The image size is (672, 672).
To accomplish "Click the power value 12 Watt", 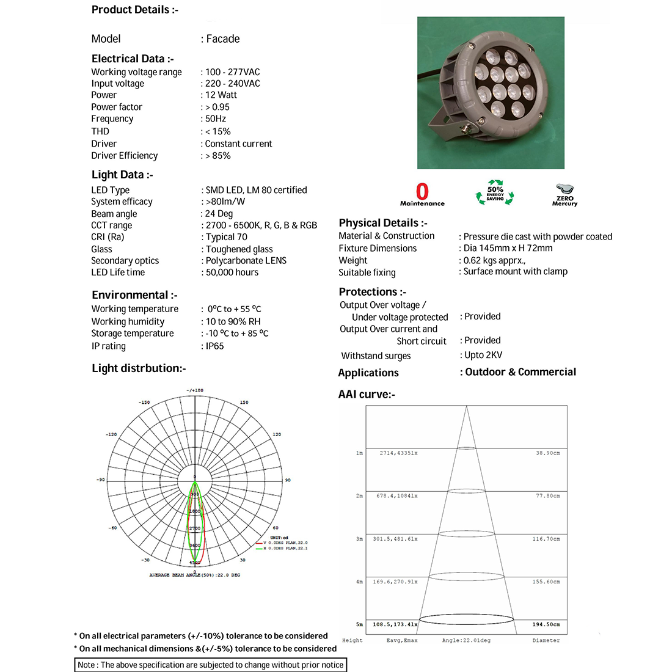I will pos(221,95).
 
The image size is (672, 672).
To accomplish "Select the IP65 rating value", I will pos(214,346).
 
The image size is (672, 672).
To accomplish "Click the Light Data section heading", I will pos(122,175).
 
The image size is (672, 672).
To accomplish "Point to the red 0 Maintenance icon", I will pos(422,194).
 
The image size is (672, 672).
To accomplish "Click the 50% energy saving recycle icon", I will pos(495,192).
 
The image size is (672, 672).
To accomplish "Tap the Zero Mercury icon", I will pos(564,194).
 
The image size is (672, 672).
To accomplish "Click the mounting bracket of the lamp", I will pos(452,125).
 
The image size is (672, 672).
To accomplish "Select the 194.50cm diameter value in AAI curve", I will pos(546,624).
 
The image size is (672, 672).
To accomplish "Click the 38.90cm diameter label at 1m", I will pos(547,453).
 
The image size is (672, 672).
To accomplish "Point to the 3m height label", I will pos(359,539).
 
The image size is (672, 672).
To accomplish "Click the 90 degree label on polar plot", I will pos(288,480).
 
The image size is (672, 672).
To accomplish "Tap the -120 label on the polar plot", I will pos(111,434).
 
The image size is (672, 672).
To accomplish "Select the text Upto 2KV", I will pos(483,355).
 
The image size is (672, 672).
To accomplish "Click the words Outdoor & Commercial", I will pos(520,372).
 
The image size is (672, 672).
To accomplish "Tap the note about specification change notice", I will pos(211,665).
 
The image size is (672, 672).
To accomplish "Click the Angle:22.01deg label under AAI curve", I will pos(466,640).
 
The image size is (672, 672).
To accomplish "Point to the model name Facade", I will pos(222,39).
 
